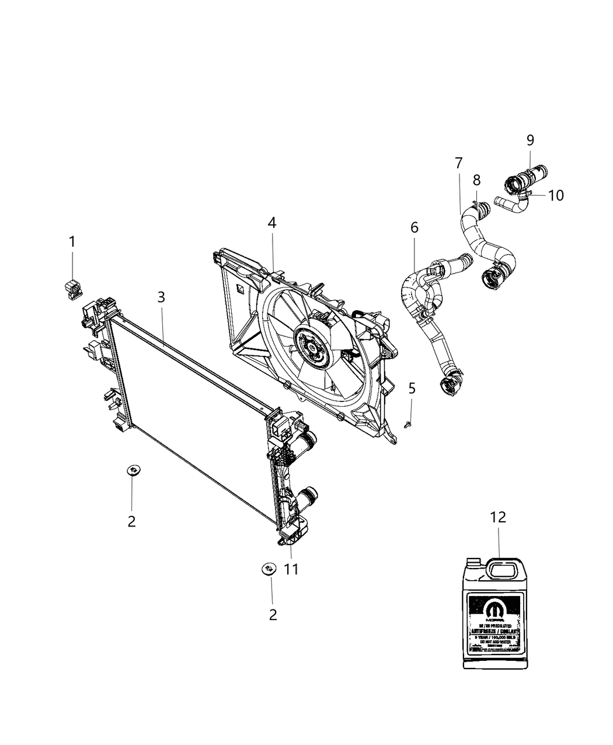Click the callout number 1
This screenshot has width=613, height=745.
72,241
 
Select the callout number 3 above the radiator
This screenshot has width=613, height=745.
161,297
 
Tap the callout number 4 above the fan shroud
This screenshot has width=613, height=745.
272,223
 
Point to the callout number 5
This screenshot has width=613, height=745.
412,389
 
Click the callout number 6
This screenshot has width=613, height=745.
415,228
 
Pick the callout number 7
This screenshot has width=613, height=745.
458,163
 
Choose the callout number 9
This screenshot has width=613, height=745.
530,140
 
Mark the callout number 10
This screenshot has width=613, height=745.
556,195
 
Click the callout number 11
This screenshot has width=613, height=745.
291,569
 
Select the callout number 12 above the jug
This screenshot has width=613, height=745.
498,517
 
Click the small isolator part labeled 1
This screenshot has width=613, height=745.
72,288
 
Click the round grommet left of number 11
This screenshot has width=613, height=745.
269,568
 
